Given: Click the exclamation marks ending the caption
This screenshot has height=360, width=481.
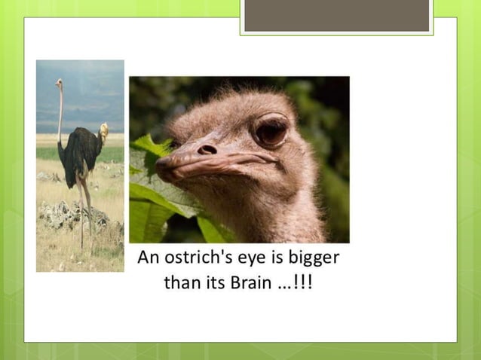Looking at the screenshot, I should tap(305, 285).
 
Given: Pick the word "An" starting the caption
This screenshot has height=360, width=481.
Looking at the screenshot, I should tap(148, 258).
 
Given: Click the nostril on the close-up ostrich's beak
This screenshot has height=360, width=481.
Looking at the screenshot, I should tap(207, 150).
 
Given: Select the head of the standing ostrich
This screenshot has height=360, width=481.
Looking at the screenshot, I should tap(58, 83).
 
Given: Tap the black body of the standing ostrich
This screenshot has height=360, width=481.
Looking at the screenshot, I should tap(81, 151).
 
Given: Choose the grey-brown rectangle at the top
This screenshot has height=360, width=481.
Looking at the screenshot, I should tap(336, 15).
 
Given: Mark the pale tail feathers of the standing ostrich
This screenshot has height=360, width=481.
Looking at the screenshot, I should tap(103, 133).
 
